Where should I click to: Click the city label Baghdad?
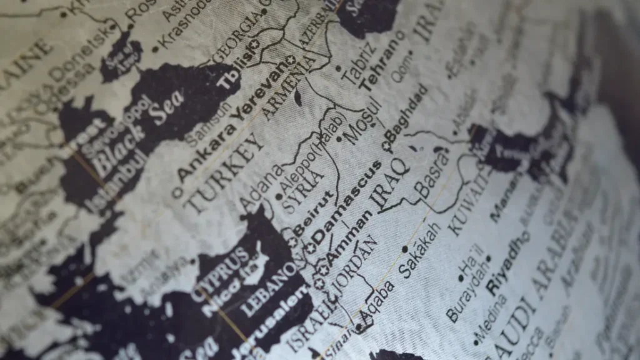click(x=407, y=119)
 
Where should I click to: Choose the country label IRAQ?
click(x=391, y=181)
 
